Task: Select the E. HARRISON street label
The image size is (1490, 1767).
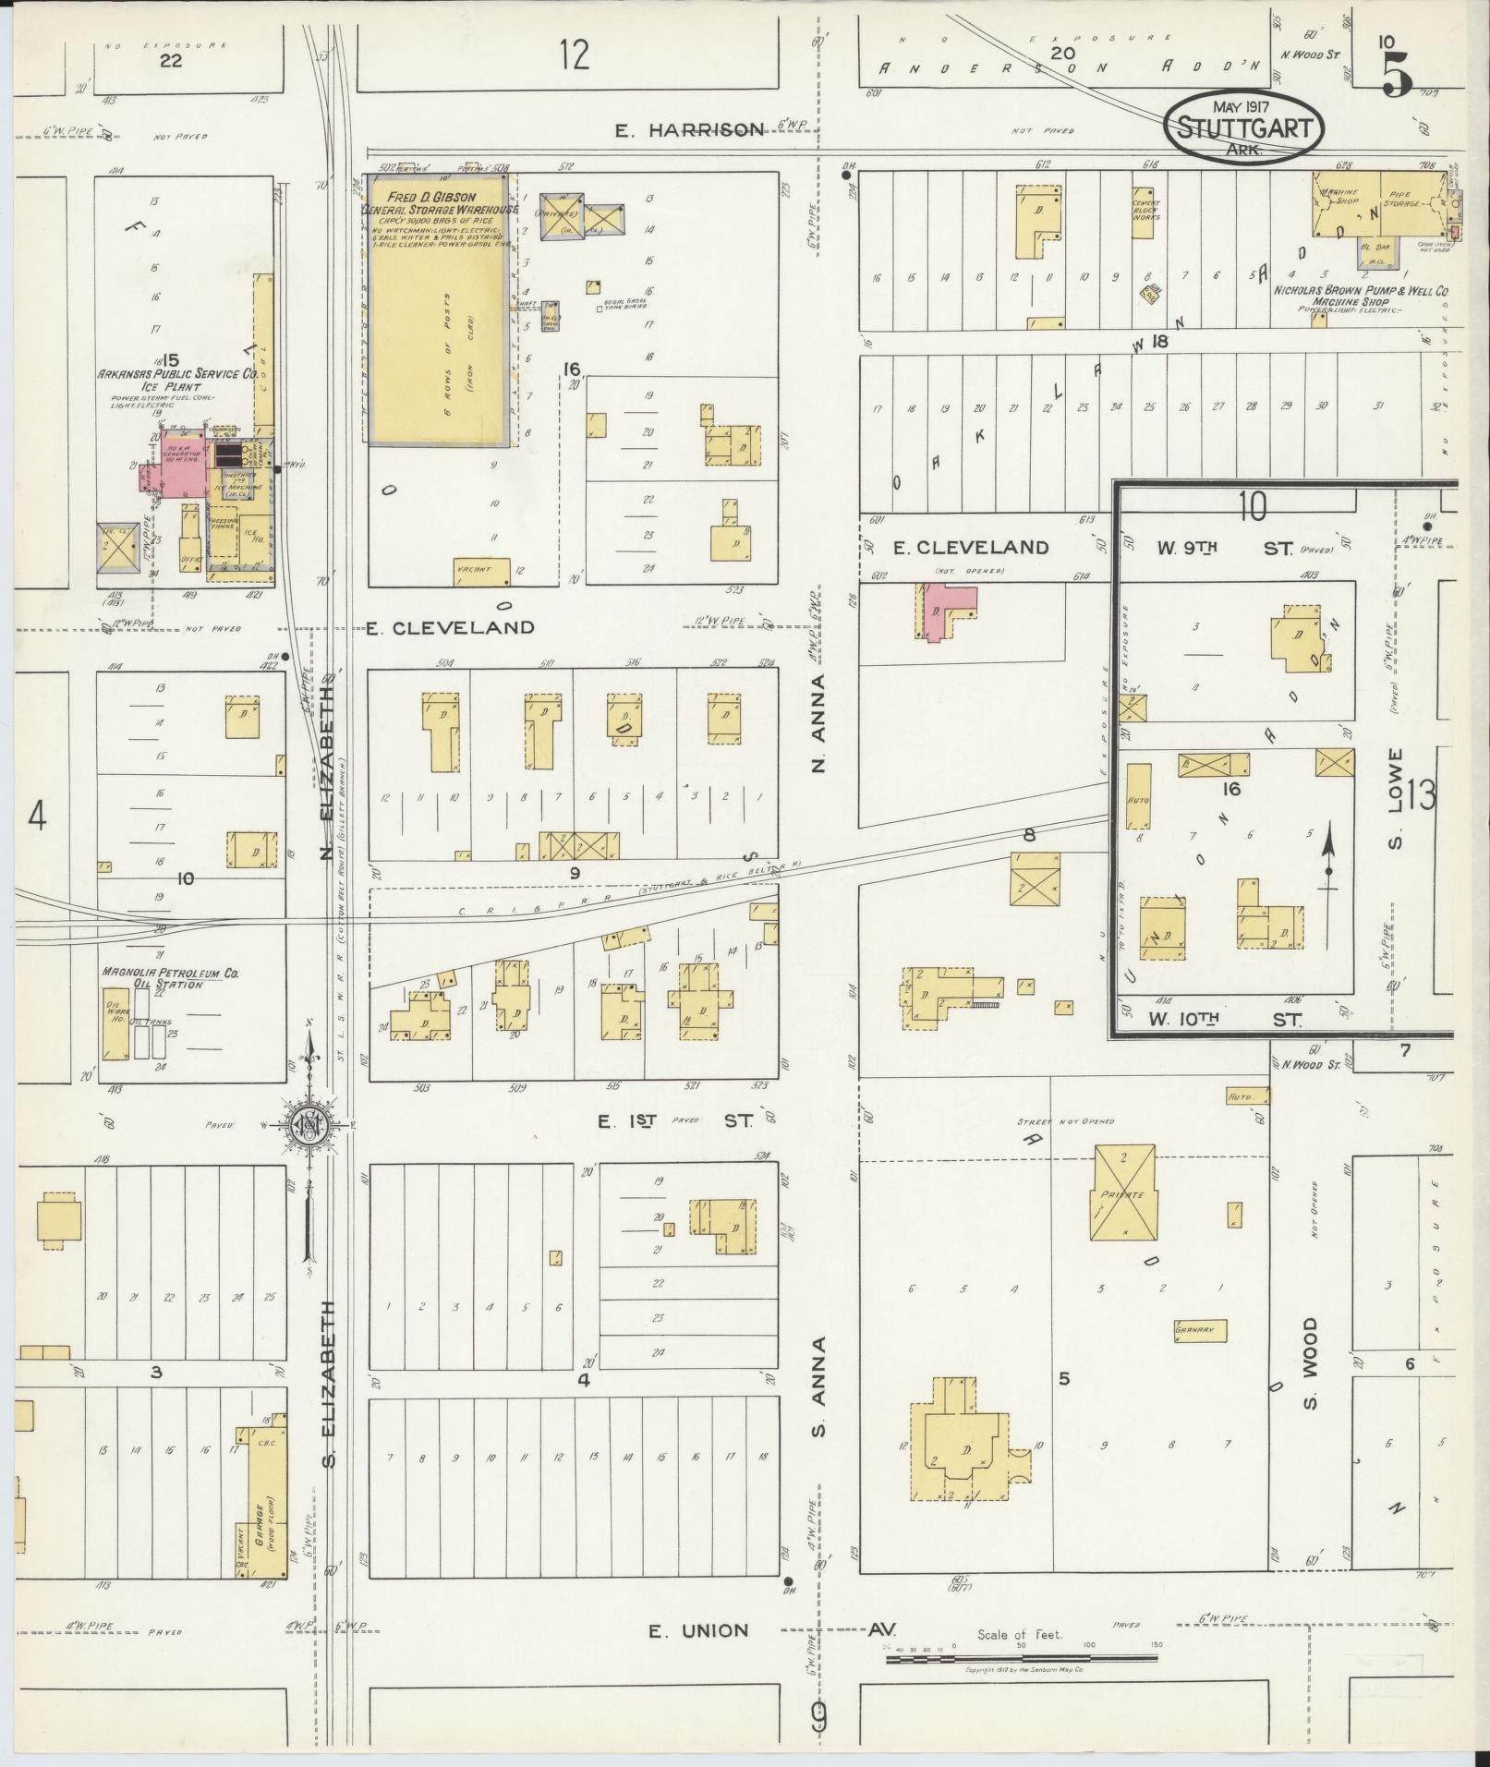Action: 691,129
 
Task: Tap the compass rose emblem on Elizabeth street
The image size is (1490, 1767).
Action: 311,1125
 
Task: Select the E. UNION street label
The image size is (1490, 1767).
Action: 698,1631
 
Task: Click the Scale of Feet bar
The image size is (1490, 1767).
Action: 1021,1659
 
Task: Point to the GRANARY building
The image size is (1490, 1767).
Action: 1200,1331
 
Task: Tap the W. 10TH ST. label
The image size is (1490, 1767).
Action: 1224,1020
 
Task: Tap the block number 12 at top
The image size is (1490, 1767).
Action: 574,55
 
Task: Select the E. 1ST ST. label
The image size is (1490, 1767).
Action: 674,1121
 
